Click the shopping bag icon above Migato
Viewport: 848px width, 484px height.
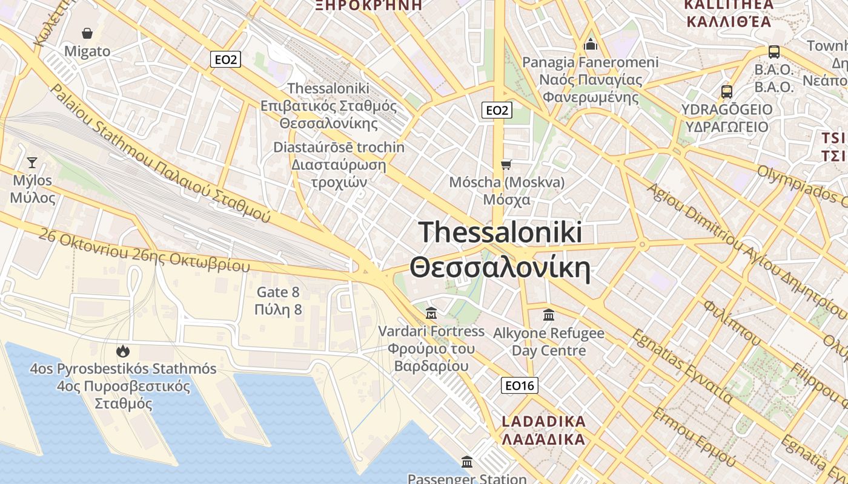click(87, 33)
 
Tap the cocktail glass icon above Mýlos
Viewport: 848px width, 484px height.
click(32, 162)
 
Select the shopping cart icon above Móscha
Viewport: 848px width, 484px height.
click(506, 164)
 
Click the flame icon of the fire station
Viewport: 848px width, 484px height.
click(123, 351)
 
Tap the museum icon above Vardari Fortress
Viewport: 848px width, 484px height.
click(431, 313)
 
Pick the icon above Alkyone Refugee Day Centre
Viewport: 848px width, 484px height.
click(549, 315)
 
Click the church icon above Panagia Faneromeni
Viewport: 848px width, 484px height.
click(591, 44)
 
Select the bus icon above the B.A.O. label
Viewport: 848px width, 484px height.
click(774, 51)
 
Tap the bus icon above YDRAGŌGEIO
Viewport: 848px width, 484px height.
click(727, 92)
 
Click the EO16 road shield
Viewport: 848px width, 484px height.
click(520, 385)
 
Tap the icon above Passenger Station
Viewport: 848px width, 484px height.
click(467, 462)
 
